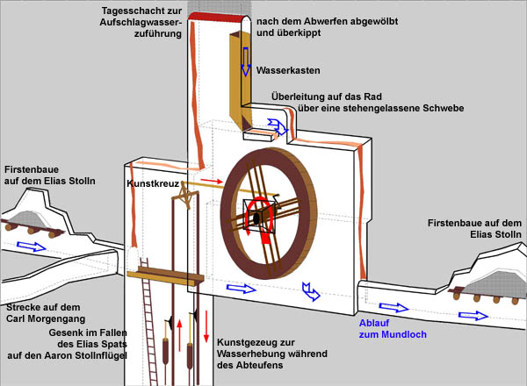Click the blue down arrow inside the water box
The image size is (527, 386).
pyautogui.click(x=247, y=61)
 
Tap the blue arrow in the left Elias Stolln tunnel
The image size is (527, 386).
pyautogui.click(x=31, y=247)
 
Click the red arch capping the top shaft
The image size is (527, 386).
pyautogui.click(x=218, y=18)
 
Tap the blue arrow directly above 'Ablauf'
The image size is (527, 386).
pyautogui.click(x=394, y=308)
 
